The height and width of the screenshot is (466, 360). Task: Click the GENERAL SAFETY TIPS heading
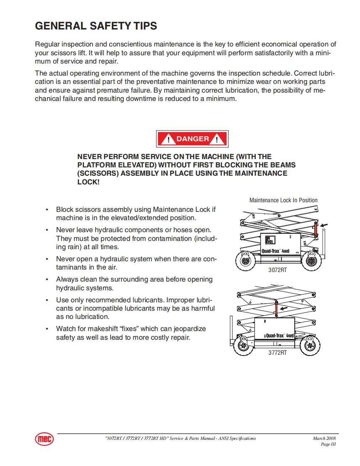click(96, 26)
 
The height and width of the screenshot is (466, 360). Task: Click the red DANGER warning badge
click(192, 139)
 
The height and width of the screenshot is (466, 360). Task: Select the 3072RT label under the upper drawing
click(277, 270)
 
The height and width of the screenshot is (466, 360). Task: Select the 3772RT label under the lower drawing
click(277, 353)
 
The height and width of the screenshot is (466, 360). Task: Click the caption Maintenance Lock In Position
click(283, 200)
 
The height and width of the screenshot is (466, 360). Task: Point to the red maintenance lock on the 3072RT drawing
click(316, 229)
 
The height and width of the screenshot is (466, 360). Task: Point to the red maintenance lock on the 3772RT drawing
click(275, 310)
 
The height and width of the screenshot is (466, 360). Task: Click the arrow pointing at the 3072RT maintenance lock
click(325, 225)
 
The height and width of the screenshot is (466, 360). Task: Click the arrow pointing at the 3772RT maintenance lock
click(284, 309)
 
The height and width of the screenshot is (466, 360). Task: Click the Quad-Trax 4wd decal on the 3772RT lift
click(279, 335)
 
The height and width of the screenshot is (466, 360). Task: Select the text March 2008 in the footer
click(324, 438)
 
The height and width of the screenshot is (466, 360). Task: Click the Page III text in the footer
click(328, 444)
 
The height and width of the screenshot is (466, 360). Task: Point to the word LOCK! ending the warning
click(89, 182)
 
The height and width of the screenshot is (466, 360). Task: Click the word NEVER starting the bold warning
click(89, 157)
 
